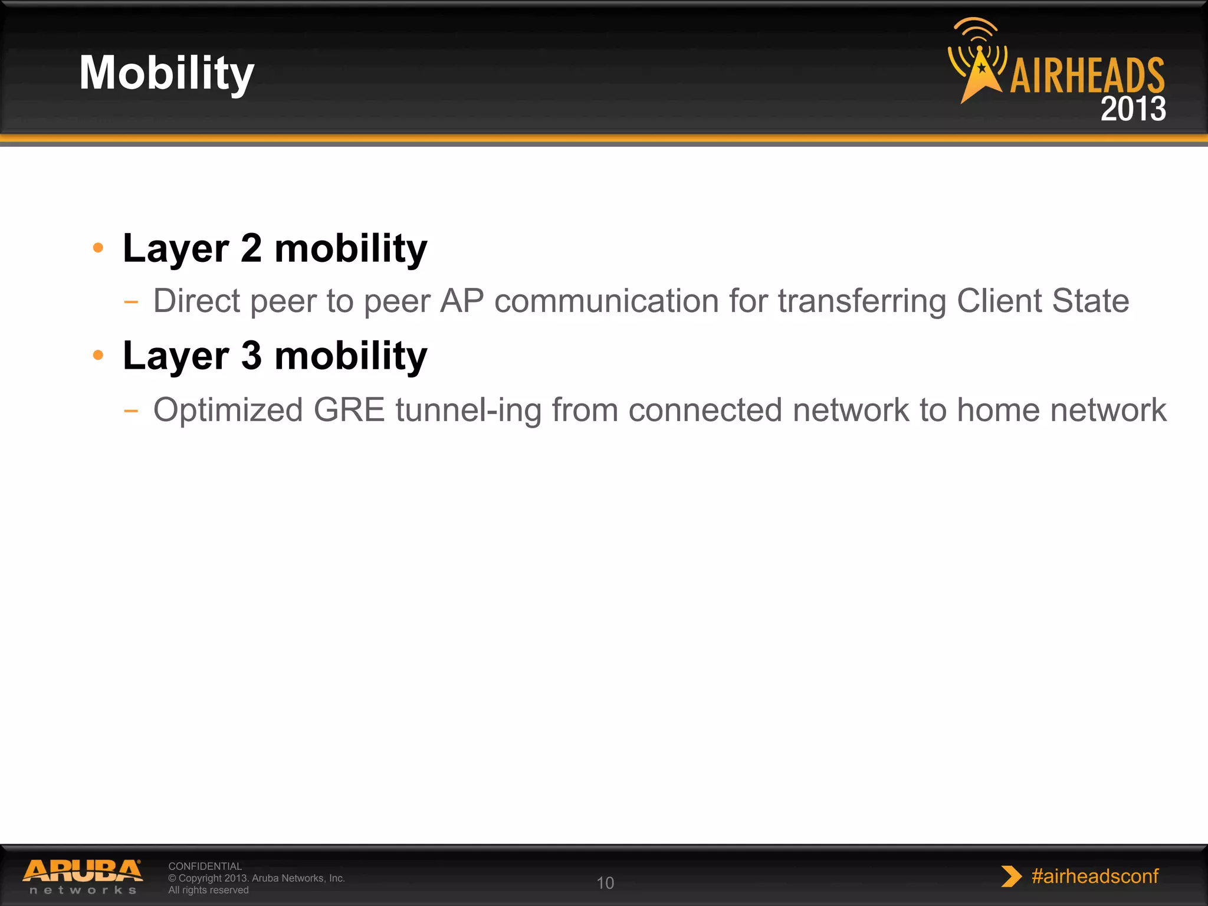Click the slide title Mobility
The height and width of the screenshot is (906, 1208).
click(x=167, y=73)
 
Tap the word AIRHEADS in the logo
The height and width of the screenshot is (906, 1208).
click(x=1087, y=77)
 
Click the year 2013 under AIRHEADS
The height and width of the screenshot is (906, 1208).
click(x=1133, y=109)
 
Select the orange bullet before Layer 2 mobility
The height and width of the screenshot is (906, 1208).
click(x=98, y=248)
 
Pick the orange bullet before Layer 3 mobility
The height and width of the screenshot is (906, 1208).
click(x=98, y=355)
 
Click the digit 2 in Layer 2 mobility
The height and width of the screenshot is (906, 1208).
click(x=251, y=248)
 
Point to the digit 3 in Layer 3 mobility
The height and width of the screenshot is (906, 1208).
click(x=251, y=356)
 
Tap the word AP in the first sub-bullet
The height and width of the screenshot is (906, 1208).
click(x=462, y=301)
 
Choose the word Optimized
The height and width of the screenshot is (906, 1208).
click(x=228, y=410)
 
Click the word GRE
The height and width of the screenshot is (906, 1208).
click(x=349, y=410)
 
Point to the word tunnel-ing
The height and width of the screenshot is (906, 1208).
click(x=468, y=410)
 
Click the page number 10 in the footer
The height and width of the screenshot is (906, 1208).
click(x=605, y=883)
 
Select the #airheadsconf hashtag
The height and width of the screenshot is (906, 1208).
click(x=1095, y=877)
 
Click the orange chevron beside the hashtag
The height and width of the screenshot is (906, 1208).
click(x=1011, y=877)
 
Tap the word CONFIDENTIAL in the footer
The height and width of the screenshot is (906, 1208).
click(x=205, y=866)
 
